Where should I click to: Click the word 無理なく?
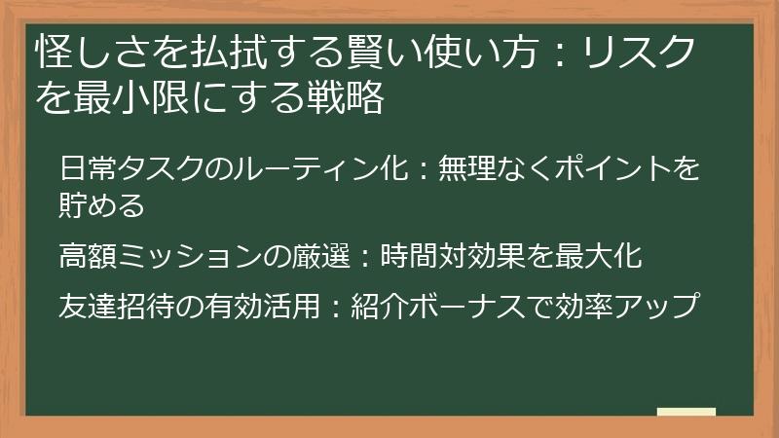(x=478, y=169)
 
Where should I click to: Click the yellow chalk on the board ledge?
(x=686, y=412)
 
